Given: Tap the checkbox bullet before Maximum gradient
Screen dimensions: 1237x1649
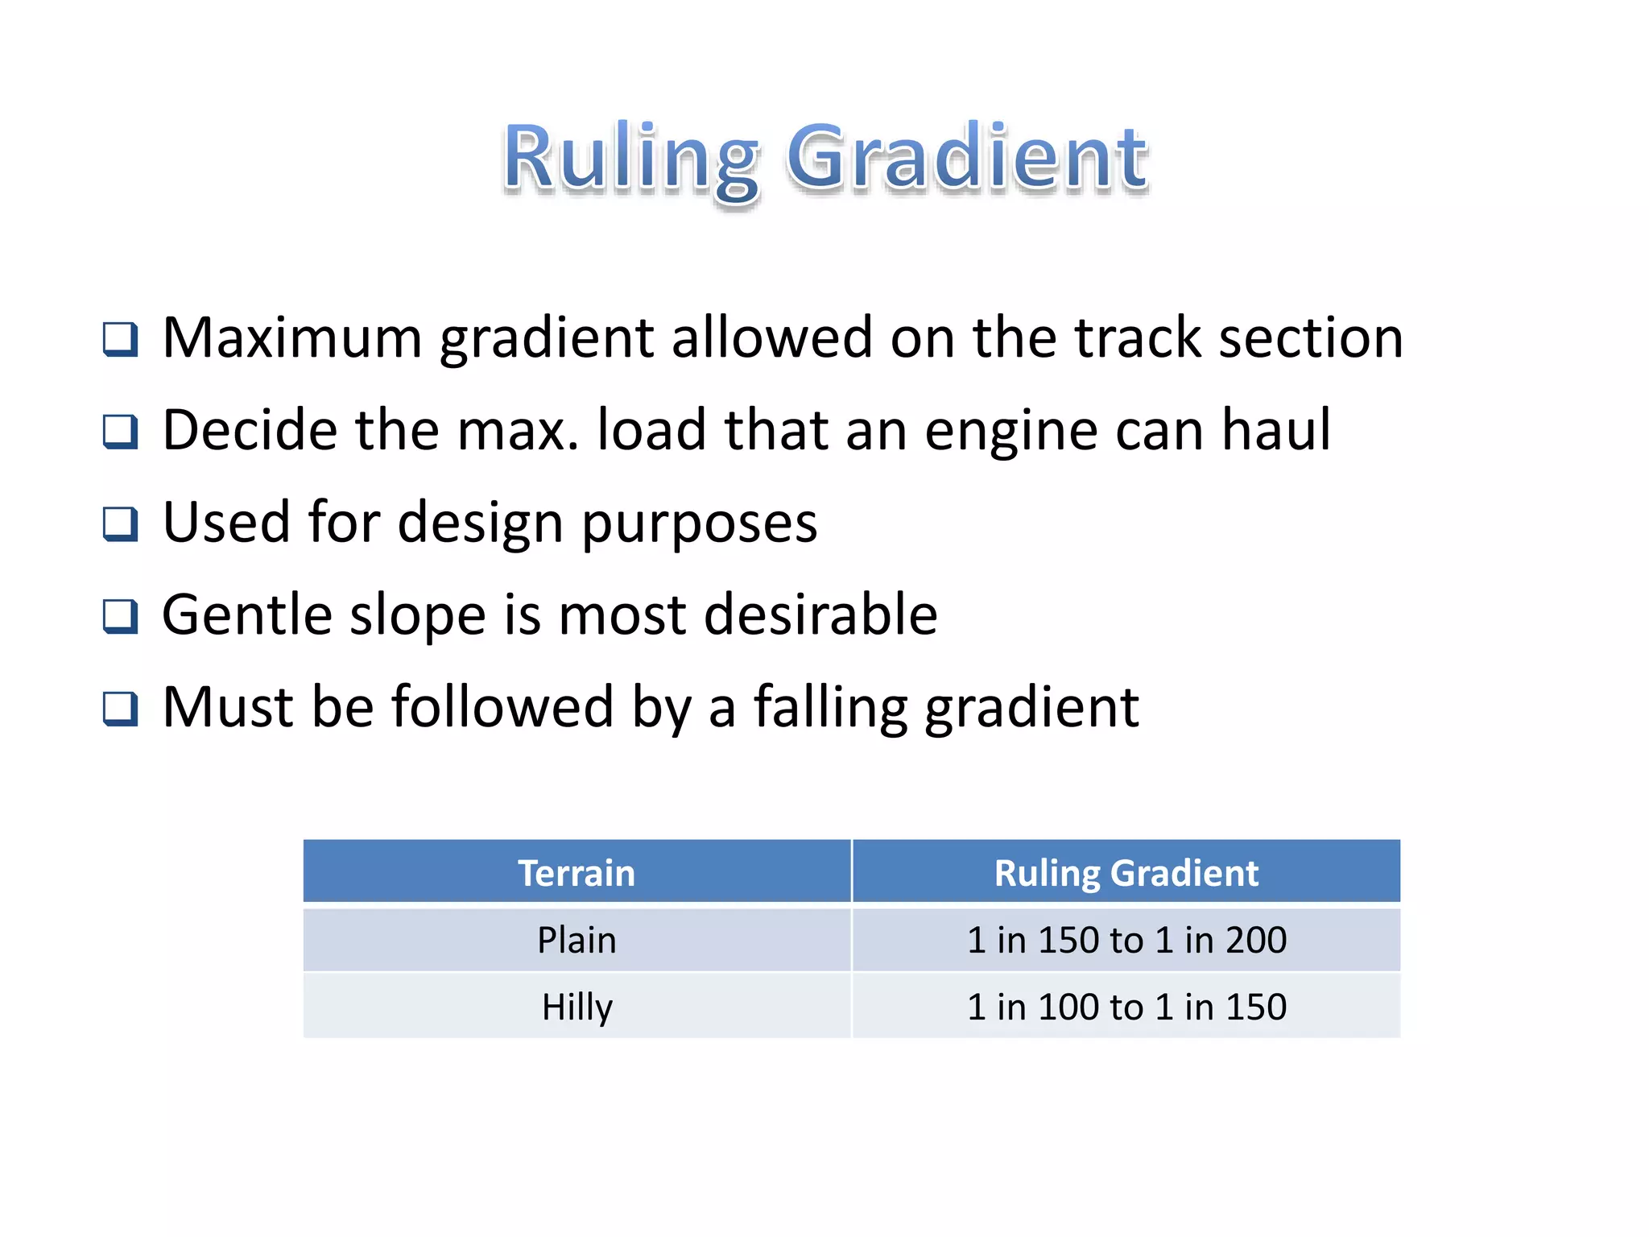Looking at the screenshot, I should [x=121, y=339].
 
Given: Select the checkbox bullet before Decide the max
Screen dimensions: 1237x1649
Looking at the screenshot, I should [x=121, y=432].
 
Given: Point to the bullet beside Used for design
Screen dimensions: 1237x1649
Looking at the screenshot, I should [x=121, y=524].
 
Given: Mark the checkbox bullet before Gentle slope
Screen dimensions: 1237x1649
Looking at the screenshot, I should [x=121, y=617].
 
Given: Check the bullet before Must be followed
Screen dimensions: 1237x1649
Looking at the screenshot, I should [x=121, y=710].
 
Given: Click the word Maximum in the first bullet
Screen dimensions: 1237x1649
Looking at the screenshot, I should [x=292, y=337].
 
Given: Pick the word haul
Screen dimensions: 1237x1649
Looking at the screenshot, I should [x=1276, y=430].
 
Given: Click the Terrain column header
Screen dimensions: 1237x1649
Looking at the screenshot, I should [x=577, y=873].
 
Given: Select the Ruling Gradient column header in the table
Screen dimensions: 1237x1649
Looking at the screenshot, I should [x=1126, y=873].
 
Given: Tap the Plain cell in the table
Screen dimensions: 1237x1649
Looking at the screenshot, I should [x=577, y=940].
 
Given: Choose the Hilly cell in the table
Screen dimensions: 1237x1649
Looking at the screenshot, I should [x=577, y=1007].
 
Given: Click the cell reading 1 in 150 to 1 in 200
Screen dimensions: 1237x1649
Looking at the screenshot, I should [x=1126, y=940].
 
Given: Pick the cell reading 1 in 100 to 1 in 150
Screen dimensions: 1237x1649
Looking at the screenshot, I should [x=1126, y=1007].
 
